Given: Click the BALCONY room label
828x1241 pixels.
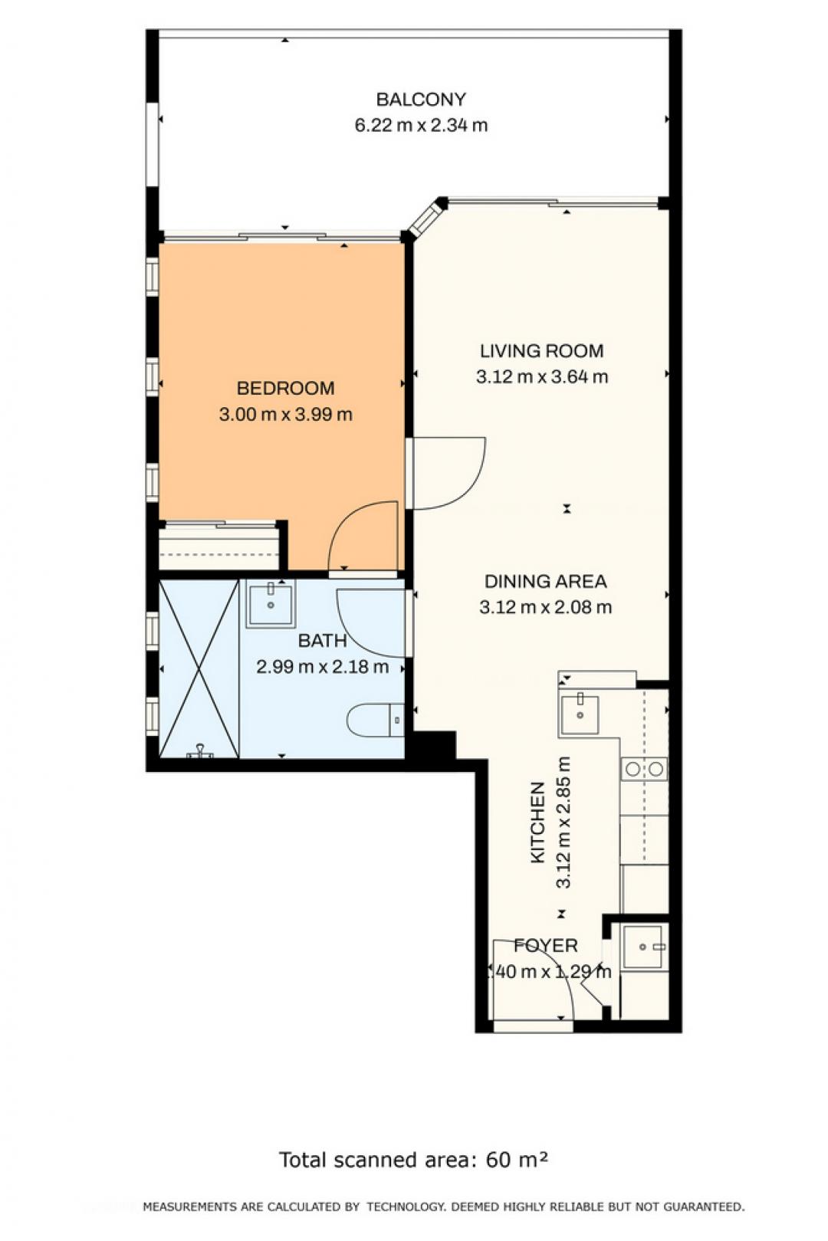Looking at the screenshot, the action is pos(421,100).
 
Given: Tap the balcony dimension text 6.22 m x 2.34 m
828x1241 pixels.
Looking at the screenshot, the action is pos(421,125).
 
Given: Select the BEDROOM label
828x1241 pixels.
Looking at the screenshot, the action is pos(285,388).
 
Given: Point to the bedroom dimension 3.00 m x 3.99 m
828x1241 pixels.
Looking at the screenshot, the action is pos(285,414).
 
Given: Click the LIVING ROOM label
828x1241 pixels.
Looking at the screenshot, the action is pos(541,351).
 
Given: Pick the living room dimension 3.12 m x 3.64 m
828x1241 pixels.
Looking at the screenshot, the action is pos(541,376).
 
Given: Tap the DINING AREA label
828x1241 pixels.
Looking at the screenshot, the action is pos(545,581).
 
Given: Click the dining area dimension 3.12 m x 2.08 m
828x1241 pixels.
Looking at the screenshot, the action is pos(545,607).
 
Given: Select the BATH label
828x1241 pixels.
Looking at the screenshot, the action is pos(322,641).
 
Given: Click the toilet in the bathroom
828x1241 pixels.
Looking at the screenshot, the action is pos(376,720).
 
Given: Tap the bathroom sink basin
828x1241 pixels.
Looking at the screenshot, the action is pos(271,603).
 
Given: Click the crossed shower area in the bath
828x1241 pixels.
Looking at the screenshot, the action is pos(199,668).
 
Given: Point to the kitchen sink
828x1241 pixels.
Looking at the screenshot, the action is pos(580,714).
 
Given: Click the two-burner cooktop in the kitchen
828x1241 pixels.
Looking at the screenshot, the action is pos(643,769).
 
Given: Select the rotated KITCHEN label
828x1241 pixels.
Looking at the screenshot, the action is pos(537,822).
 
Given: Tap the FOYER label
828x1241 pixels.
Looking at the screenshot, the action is pos(545,945).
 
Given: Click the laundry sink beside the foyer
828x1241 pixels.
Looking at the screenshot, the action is pos(643,947).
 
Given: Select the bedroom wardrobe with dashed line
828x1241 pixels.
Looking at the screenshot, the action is pos(219,547).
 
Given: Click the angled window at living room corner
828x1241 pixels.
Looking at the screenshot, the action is pos(427,218).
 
